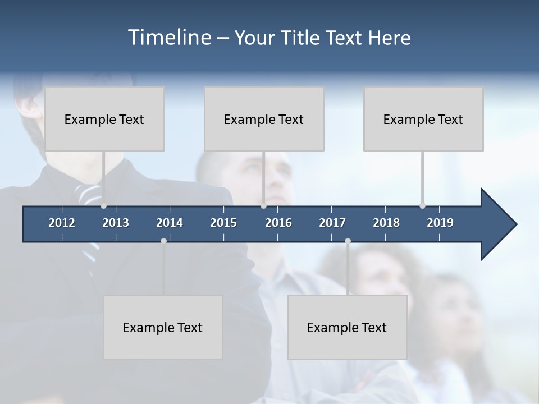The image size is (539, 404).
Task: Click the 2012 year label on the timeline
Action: coord(62,223)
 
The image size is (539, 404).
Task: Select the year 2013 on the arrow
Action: coord(116,223)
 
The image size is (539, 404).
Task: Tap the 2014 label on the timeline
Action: coord(170,223)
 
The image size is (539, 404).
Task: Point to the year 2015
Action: coord(223,223)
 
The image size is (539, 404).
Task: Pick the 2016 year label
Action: coord(278,223)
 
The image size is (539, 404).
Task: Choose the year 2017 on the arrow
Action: coord(332,223)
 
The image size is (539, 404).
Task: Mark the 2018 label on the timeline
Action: coord(386,223)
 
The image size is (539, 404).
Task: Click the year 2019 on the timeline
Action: coord(440,223)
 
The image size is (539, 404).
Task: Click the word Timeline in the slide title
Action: coord(169,38)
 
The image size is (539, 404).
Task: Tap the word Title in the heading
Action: coord(300,38)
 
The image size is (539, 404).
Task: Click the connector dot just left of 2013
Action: coord(103,206)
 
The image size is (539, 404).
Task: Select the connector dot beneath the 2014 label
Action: coord(163,241)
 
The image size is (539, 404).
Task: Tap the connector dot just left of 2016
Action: coord(263,206)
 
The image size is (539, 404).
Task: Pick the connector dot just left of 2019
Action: coord(422,206)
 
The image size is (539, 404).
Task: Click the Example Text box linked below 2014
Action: coord(163,327)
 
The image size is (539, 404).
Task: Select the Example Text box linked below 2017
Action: coord(347,327)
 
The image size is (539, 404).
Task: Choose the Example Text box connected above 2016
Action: coord(264,119)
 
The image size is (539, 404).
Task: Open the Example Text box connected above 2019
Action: coord(423,119)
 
